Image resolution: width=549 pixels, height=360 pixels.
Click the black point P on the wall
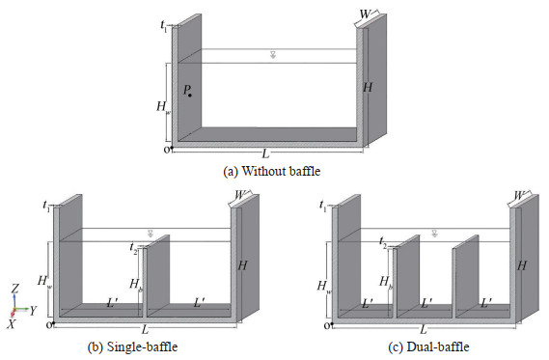(190, 96)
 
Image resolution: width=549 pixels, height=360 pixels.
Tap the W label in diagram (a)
(365, 14)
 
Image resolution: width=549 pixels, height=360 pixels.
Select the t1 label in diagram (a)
(163, 26)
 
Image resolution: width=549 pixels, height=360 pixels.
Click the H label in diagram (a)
(368, 87)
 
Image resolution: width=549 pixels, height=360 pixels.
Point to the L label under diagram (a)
(265, 153)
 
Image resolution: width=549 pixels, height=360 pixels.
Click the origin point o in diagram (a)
(172, 148)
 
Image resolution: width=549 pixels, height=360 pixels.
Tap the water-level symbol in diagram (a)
(273, 54)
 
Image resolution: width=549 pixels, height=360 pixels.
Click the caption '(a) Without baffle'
(272, 171)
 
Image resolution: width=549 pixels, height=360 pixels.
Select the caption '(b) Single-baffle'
(132, 346)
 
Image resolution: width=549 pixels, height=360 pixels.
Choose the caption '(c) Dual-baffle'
(428, 346)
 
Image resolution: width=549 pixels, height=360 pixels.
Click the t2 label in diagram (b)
(133, 248)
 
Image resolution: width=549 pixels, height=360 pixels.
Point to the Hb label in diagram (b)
(136, 284)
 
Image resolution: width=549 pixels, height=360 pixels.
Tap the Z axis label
(15, 289)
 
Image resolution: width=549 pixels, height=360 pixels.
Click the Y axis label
(33, 310)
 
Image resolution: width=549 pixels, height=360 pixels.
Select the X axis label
(12, 324)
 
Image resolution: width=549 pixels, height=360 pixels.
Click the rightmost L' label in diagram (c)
(486, 303)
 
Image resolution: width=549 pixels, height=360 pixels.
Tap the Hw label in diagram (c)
(323, 287)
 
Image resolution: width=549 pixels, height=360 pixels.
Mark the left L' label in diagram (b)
(112, 303)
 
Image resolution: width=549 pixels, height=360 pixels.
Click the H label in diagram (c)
(522, 265)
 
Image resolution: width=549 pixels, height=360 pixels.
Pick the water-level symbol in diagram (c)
(434, 234)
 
